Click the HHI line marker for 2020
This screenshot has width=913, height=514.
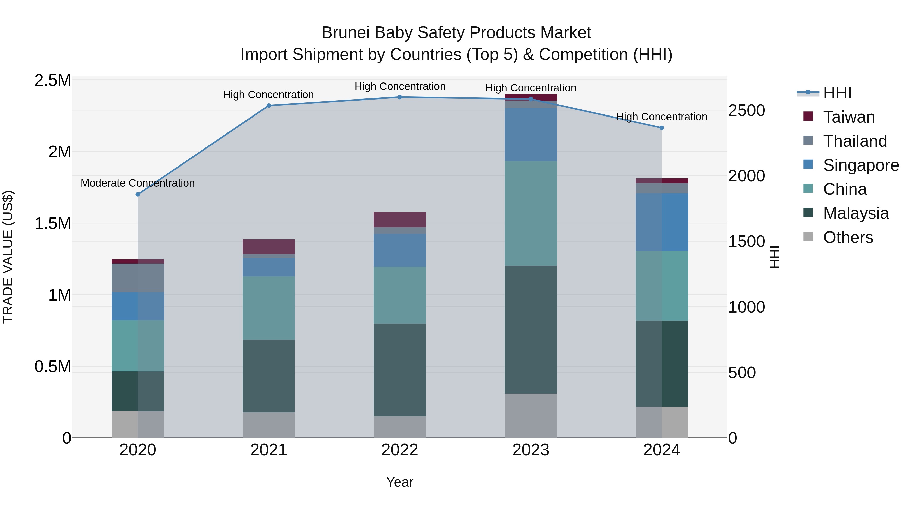coord(138,194)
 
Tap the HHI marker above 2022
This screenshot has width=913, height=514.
coord(400,97)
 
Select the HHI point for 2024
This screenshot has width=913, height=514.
coord(662,128)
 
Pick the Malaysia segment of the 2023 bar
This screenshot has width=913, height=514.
coord(531,329)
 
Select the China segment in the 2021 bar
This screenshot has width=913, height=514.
coord(269,308)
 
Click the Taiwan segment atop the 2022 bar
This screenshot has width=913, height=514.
coord(400,220)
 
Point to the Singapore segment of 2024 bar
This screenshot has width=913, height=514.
coord(662,222)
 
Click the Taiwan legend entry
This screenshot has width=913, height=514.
coord(849,117)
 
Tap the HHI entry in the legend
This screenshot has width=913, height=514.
coord(837,93)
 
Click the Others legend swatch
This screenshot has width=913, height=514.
coord(808,237)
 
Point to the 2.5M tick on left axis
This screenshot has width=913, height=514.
coord(52,80)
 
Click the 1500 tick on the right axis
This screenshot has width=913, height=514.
coord(746,242)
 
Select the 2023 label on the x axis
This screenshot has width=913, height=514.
coord(531,450)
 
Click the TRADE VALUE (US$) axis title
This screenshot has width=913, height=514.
coord(8,257)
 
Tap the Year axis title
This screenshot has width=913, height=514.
coord(400,482)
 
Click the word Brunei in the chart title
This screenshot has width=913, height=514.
coord(346,33)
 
